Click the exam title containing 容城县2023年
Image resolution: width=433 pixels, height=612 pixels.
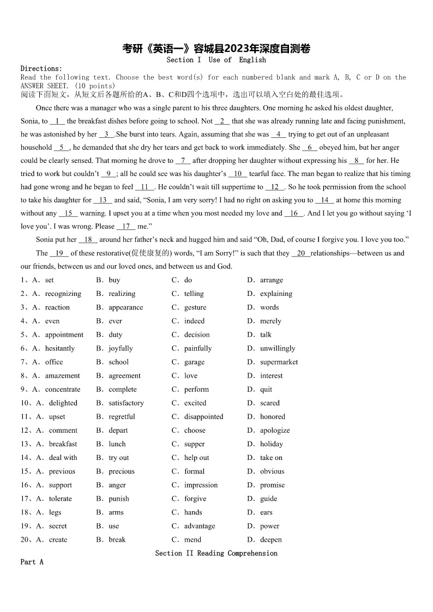(216, 49)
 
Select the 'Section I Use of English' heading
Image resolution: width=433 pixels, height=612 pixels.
(216, 60)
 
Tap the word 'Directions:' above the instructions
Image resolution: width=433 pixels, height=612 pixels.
(41, 69)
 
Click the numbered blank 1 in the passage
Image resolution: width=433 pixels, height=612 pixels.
(57, 121)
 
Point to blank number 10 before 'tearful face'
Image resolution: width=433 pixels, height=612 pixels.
(238, 174)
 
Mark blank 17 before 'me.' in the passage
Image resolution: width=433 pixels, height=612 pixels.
(126, 226)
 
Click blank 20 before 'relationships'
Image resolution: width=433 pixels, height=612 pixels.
(301, 253)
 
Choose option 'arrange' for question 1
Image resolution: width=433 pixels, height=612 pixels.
(271, 280)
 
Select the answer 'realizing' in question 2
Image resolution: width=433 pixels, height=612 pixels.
(122, 294)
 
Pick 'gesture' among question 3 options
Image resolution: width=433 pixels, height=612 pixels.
(195, 307)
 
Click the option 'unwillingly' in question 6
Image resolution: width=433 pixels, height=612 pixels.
(278, 348)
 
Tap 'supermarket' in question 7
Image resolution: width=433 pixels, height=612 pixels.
(279, 362)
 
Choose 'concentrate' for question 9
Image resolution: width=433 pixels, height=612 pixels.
(63, 390)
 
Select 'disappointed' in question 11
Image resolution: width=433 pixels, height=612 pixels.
(203, 417)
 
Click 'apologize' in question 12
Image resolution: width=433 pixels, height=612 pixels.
(275, 431)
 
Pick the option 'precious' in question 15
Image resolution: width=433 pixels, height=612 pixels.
(122, 471)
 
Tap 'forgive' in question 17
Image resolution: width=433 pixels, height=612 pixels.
(195, 499)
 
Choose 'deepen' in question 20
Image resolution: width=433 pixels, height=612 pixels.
(271, 540)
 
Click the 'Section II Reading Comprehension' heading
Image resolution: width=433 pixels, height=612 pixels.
(216, 553)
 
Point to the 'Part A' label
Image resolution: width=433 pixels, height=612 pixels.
(32, 562)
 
